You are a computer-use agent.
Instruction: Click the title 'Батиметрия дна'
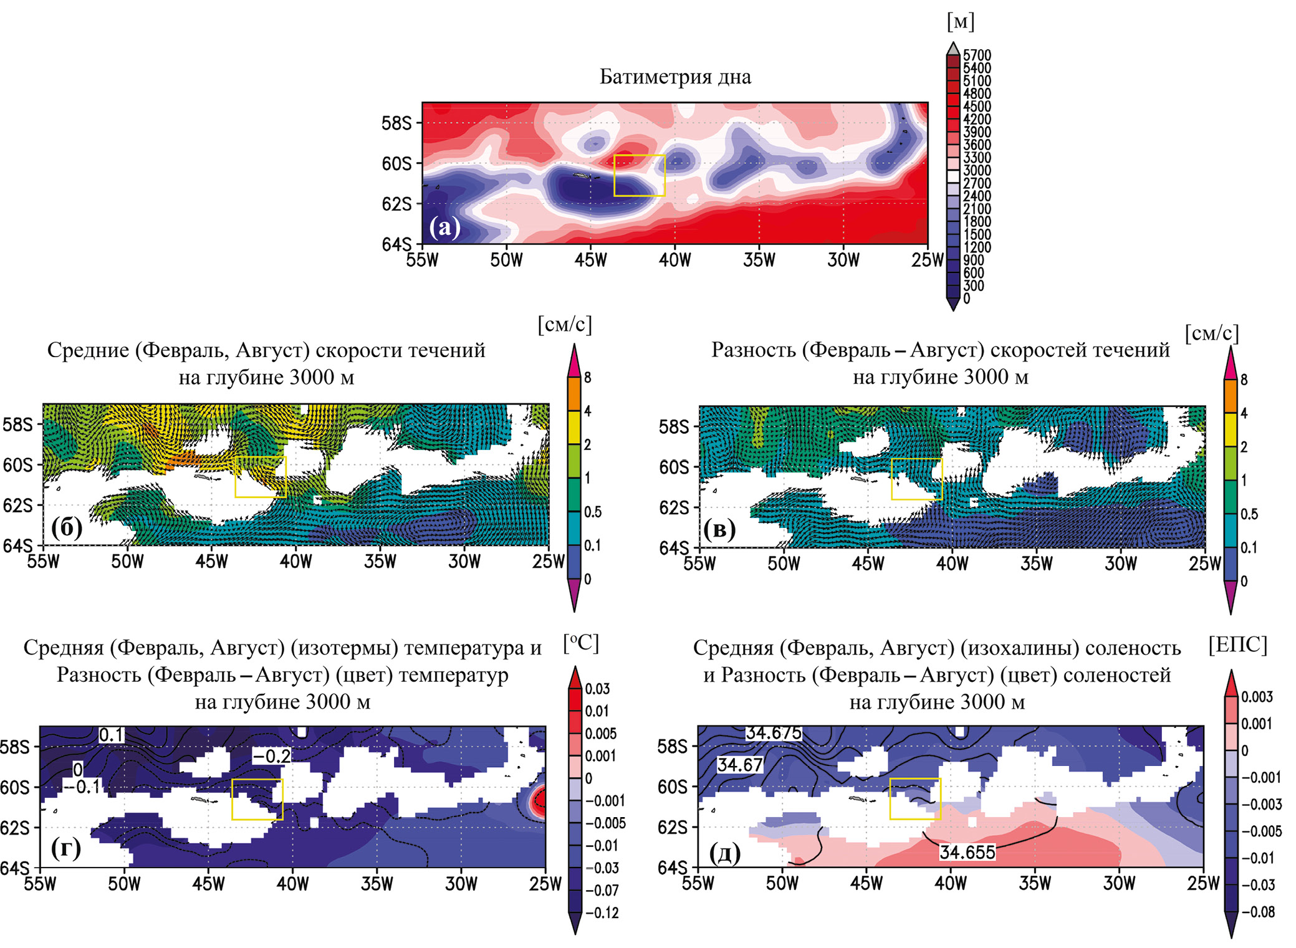click(675, 77)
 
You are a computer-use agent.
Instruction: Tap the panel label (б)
click(67, 527)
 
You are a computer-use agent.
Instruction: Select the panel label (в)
click(719, 529)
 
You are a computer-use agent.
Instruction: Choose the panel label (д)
click(724, 852)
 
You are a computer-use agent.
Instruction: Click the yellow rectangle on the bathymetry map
click(640, 176)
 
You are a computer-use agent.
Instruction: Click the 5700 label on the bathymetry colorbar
click(977, 55)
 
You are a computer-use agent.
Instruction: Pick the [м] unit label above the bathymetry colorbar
click(960, 22)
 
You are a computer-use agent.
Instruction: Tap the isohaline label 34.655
click(967, 852)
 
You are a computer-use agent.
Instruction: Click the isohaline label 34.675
click(773, 733)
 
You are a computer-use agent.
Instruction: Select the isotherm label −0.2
click(271, 756)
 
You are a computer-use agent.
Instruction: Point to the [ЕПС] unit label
click(1237, 644)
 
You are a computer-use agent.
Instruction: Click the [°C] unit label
click(580, 643)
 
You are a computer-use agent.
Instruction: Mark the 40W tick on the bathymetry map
click(674, 260)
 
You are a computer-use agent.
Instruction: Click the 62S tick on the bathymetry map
click(396, 204)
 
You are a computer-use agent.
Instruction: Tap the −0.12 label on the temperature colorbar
click(602, 912)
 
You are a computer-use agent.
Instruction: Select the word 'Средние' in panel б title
click(88, 350)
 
